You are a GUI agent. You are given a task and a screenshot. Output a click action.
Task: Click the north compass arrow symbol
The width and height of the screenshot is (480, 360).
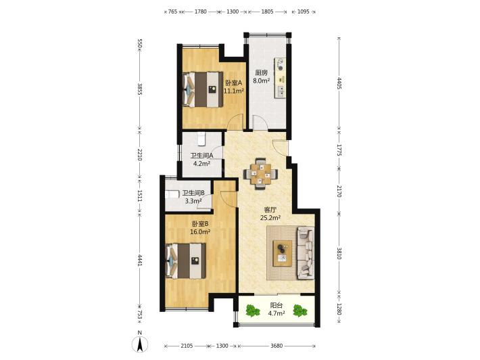139,344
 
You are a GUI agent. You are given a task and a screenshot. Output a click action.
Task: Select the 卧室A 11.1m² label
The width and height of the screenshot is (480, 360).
234,87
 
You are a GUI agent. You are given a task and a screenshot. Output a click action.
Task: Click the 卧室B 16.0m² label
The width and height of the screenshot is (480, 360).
200,228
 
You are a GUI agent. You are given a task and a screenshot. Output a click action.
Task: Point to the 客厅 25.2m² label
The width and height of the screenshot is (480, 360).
270,214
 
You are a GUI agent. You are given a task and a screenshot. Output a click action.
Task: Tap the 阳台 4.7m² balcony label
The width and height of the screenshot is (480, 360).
277,309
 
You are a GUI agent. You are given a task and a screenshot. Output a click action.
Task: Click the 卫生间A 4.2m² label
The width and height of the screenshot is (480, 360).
201,159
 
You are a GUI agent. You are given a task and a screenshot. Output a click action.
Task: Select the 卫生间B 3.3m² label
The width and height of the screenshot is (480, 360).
193,197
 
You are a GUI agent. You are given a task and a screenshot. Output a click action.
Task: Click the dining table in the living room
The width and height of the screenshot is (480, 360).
260,174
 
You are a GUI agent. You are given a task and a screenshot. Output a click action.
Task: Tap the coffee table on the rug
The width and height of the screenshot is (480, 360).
282,253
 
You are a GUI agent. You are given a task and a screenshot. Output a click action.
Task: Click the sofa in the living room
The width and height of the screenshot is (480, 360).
306,253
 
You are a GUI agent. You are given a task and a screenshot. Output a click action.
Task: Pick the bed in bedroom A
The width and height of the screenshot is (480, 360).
203,89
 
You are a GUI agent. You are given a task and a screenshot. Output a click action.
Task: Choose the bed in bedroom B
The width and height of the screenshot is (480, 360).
185,261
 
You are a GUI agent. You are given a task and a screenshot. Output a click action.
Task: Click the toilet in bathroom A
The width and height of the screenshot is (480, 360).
201,139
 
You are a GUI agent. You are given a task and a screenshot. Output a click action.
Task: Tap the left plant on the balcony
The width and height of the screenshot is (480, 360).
252,311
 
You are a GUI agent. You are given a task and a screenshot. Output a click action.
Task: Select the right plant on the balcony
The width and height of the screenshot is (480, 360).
299,311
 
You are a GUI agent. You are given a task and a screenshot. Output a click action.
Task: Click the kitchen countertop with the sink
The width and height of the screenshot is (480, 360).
281,78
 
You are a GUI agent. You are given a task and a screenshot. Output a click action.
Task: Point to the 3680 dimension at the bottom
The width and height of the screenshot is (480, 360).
277,346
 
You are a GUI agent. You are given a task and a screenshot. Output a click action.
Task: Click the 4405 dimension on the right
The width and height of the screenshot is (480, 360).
339,83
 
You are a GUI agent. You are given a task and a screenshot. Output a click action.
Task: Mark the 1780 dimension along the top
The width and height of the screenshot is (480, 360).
201,12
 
